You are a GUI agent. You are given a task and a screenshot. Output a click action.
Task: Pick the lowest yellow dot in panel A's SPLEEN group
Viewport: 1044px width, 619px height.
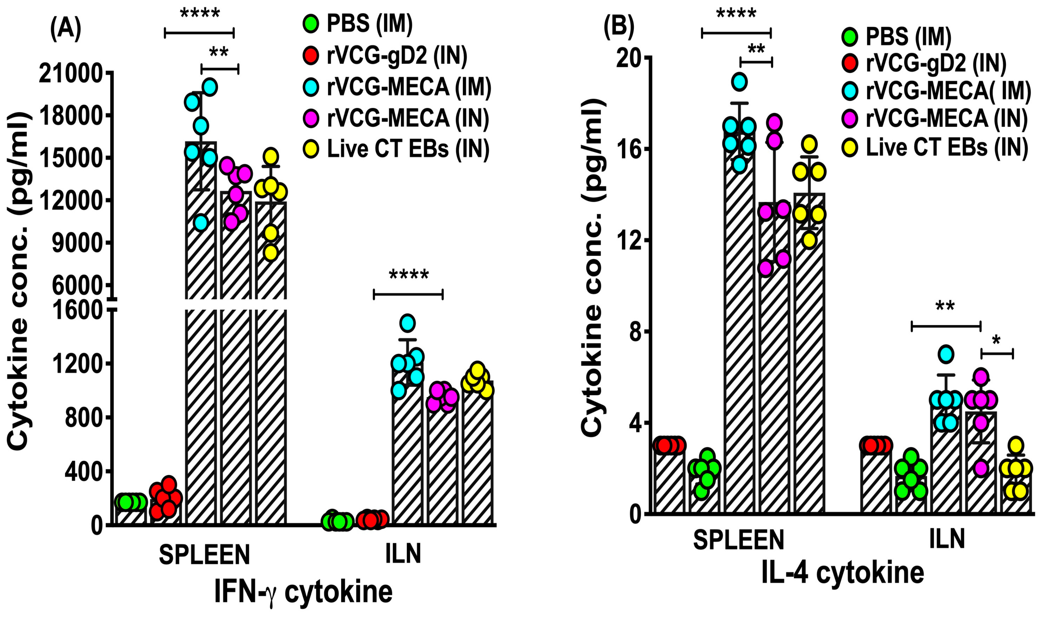(x=271, y=252)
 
